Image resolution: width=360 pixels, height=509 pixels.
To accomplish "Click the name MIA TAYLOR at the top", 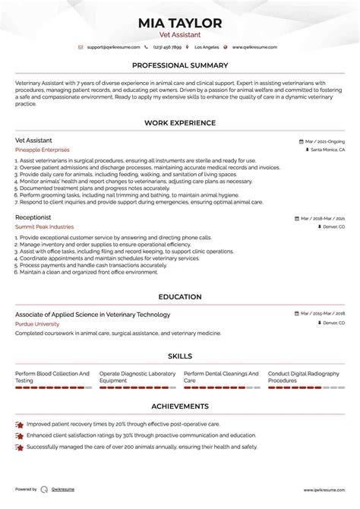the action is pos(180,23).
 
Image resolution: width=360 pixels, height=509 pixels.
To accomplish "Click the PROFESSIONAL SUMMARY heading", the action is pos(180,66).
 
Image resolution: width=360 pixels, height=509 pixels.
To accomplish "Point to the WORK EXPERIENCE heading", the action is pos(180,123).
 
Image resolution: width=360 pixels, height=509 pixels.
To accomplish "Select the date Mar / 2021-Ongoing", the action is pos(325,141).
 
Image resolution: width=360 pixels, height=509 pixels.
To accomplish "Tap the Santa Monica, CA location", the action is pos(327,150).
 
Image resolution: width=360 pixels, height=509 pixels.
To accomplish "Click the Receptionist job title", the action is pos(33,217).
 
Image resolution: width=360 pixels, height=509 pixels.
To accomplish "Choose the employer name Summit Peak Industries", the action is pos(45,226).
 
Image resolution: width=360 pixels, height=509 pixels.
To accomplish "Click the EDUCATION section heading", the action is pos(180,297).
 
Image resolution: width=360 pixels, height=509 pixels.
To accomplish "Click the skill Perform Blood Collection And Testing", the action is pos(52,377).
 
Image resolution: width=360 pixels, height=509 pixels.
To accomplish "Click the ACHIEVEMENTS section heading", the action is pos(180,406).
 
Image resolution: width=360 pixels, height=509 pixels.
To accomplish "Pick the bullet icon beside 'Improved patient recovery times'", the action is pos(19,424).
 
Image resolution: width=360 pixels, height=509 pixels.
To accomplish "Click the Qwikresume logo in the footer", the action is pos(44,490).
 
